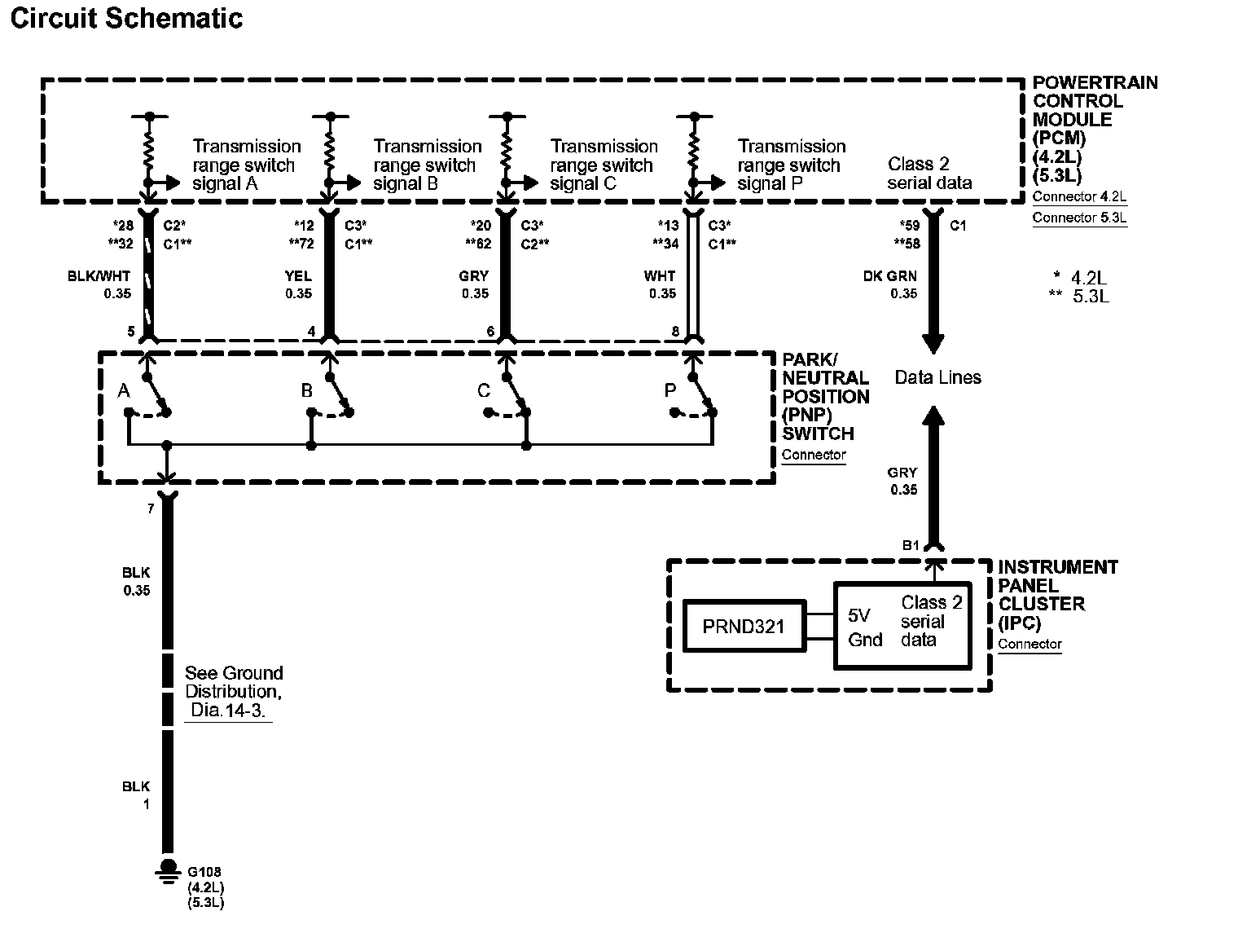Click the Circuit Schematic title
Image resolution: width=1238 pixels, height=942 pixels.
click(126, 18)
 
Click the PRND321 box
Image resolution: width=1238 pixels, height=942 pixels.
click(744, 626)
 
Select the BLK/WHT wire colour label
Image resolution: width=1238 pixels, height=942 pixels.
click(99, 276)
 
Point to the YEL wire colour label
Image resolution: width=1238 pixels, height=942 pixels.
click(298, 276)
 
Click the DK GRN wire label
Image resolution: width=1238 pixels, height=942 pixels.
click(889, 276)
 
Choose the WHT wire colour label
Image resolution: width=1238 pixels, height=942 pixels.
click(659, 276)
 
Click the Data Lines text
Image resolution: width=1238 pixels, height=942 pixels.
click(937, 377)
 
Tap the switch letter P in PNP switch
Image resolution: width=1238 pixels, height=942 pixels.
click(670, 391)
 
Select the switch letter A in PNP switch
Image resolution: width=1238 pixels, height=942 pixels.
click(124, 391)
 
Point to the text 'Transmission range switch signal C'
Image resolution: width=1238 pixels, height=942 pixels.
click(604, 165)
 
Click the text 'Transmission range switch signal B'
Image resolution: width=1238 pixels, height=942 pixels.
click(427, 165)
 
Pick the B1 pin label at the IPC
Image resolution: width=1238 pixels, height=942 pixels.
click(911, 545)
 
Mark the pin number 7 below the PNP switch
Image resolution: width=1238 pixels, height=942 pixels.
click(151, 509)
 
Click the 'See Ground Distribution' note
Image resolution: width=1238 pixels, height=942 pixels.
click(233, 691)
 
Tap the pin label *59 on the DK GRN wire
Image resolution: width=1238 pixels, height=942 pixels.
click(909, 226)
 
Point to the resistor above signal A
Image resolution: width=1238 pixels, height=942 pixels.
click(148, 150)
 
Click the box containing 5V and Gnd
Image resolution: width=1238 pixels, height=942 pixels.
click(902, 626)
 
